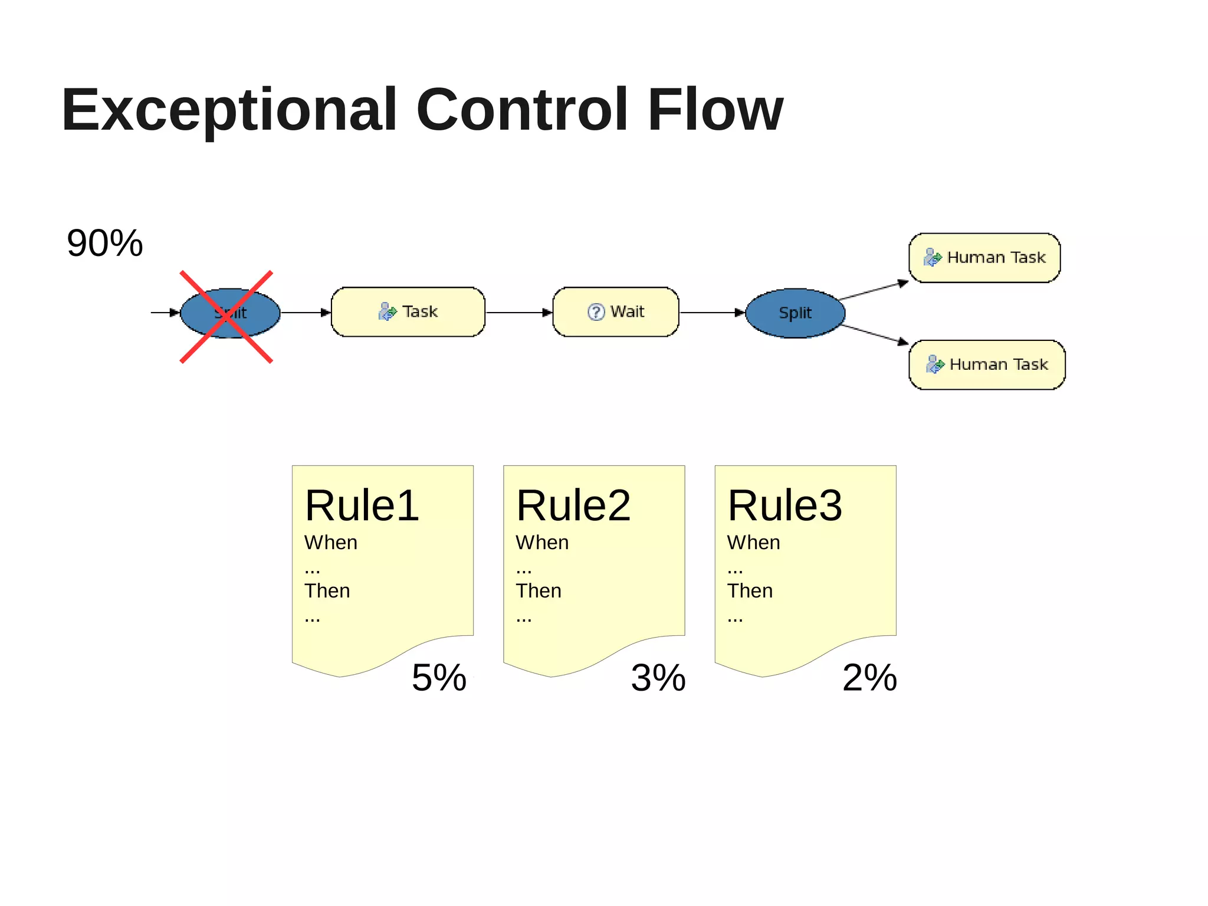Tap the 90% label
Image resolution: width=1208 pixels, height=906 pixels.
point(104,243)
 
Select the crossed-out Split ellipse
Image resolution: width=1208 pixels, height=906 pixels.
point(230,313)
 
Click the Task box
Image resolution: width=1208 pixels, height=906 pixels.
point(408,312)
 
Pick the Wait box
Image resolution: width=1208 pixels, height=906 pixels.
point(616,312)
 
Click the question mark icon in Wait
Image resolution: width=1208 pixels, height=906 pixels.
point(596,312)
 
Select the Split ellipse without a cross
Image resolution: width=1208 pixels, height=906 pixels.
point(795,313)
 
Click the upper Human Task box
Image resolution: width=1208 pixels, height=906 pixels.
point(984,258)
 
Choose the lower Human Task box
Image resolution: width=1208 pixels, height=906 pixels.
point(987,365)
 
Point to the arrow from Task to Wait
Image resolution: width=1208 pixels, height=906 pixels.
point(518,313)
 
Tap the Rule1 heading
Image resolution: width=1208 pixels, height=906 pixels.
point(362,506)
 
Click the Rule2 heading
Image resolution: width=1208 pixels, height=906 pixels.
point(573,506)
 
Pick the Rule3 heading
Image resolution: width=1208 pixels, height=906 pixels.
point(784,506)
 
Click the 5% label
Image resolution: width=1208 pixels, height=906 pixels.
point(439,678)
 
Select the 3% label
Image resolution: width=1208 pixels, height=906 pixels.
point(658,678)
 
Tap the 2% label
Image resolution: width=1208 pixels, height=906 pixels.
point(869,678)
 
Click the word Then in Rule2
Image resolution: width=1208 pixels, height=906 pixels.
point(538,591)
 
